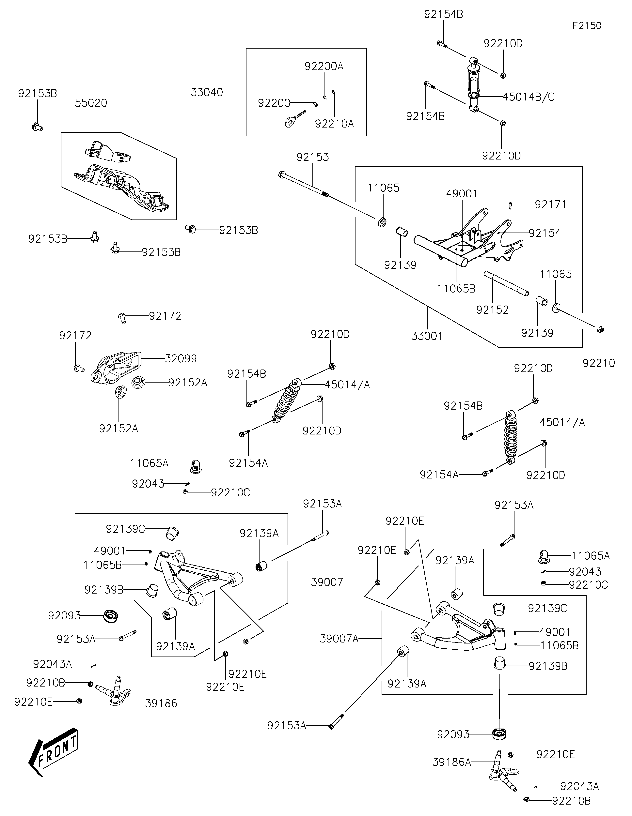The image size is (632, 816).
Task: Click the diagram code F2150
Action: pos(587,26)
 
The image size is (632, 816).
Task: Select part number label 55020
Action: pos(91,103)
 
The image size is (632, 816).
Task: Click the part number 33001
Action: pos(427,336)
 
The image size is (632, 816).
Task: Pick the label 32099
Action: pos(181,359)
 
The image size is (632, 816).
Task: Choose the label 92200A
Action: pos(324,67)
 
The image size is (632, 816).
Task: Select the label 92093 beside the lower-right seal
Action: pos(453,734)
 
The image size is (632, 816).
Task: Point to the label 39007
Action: pos(327,582)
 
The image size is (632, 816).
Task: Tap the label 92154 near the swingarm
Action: pos(545,233)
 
